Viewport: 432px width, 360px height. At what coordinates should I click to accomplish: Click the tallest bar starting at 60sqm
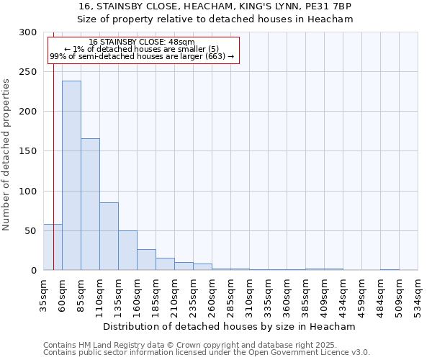(x=71, y=176)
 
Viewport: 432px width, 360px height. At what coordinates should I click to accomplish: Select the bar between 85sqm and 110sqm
(x=90, y=204)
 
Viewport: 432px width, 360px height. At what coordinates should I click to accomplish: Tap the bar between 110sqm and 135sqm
(x=109, y=236)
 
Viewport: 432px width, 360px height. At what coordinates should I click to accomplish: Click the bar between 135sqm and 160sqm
(x=127, y=251)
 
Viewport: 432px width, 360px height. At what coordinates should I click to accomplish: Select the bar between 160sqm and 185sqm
(x=146, y=260)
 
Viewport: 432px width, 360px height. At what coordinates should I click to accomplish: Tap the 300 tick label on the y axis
(x=28, y=32)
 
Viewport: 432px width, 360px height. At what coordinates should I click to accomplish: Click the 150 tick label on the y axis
(x=28, y=151)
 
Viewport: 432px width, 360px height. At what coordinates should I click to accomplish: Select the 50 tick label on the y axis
(x=31, y=231)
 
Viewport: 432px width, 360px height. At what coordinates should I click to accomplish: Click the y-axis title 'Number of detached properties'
(x=6, y=155)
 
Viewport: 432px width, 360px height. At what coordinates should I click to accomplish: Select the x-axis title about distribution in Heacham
(x=230, y=327)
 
